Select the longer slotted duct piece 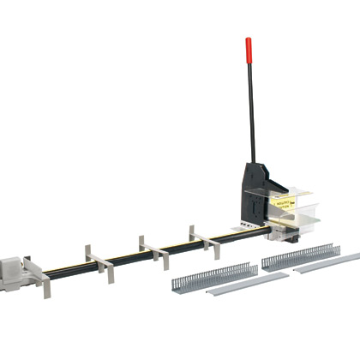pyautogui.click(x=300, y=255)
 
